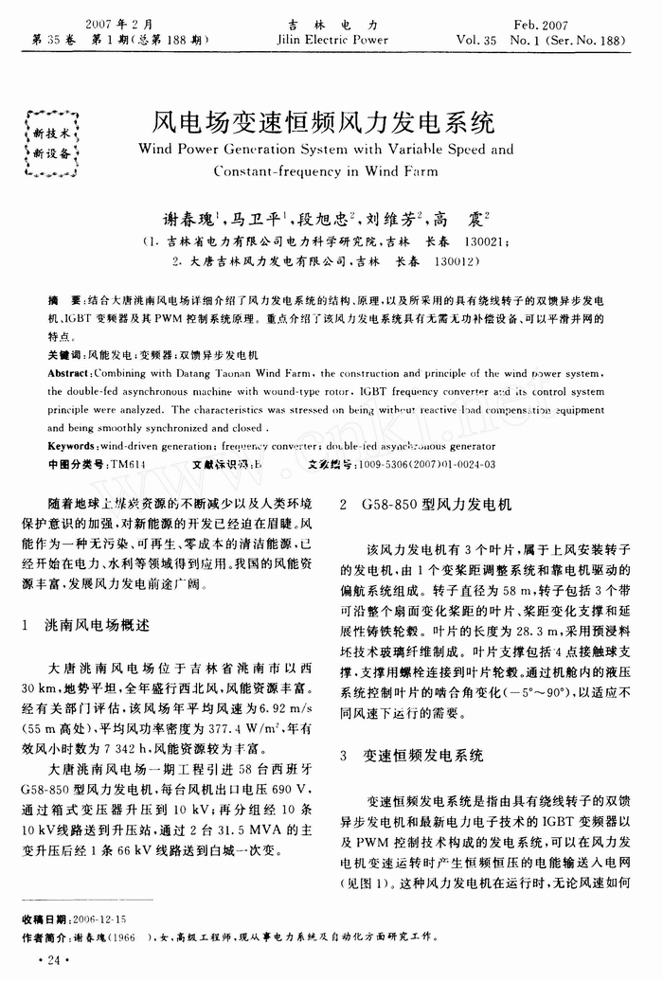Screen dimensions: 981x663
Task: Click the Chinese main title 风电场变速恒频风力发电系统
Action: coord(324,123)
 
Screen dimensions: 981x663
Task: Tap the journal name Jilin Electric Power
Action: coord(331,41)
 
